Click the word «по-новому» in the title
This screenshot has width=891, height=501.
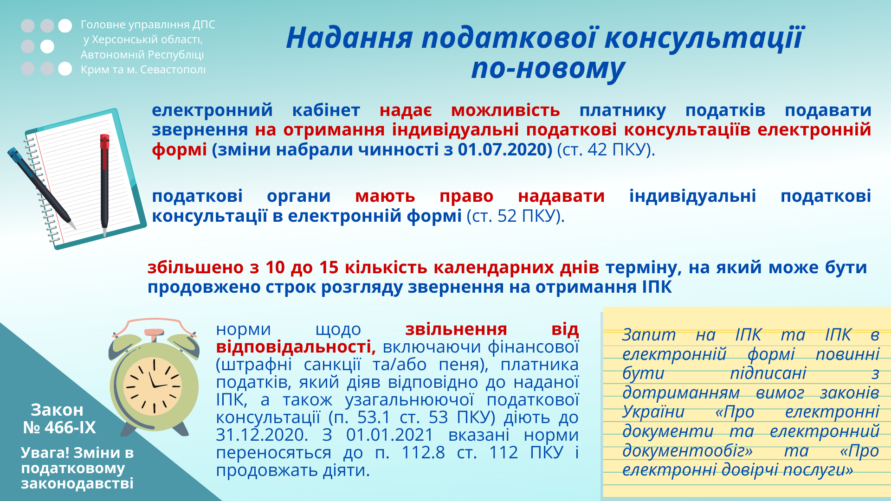548,69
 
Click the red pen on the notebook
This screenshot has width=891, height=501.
105,186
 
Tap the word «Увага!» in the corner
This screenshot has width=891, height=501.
45,453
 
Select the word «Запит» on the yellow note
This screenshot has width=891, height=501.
649,334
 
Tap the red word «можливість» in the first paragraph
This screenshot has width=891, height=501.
505,110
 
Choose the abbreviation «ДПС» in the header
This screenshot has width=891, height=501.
204,25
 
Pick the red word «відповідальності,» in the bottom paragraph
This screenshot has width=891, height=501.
296,347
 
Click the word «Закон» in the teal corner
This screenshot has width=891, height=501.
57,410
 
